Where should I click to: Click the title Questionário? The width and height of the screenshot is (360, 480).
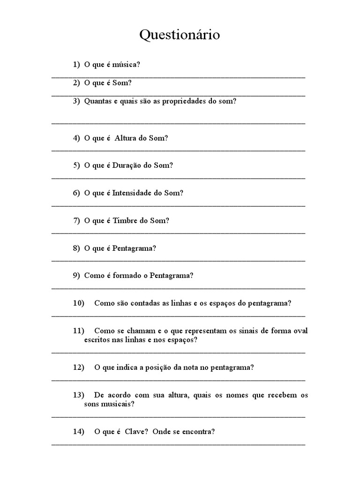click(x=180, y=35)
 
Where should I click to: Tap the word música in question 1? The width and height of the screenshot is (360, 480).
click(x=126, y=64)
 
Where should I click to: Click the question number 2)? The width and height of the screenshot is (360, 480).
click(x=76, y=82)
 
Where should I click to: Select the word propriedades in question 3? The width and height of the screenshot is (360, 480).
click(x=181, y=101)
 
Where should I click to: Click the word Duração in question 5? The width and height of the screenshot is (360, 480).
click(x=129, y=165)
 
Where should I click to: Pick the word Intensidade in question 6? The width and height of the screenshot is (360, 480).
click(x=132, y=193)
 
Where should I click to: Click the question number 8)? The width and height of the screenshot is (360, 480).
click(x=76, y=248)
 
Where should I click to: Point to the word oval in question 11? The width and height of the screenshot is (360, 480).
click(x=300, y=330)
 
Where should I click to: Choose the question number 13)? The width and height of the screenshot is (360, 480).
click(x=78, y=395)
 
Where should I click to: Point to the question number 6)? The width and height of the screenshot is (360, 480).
click(x=76, y=193)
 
